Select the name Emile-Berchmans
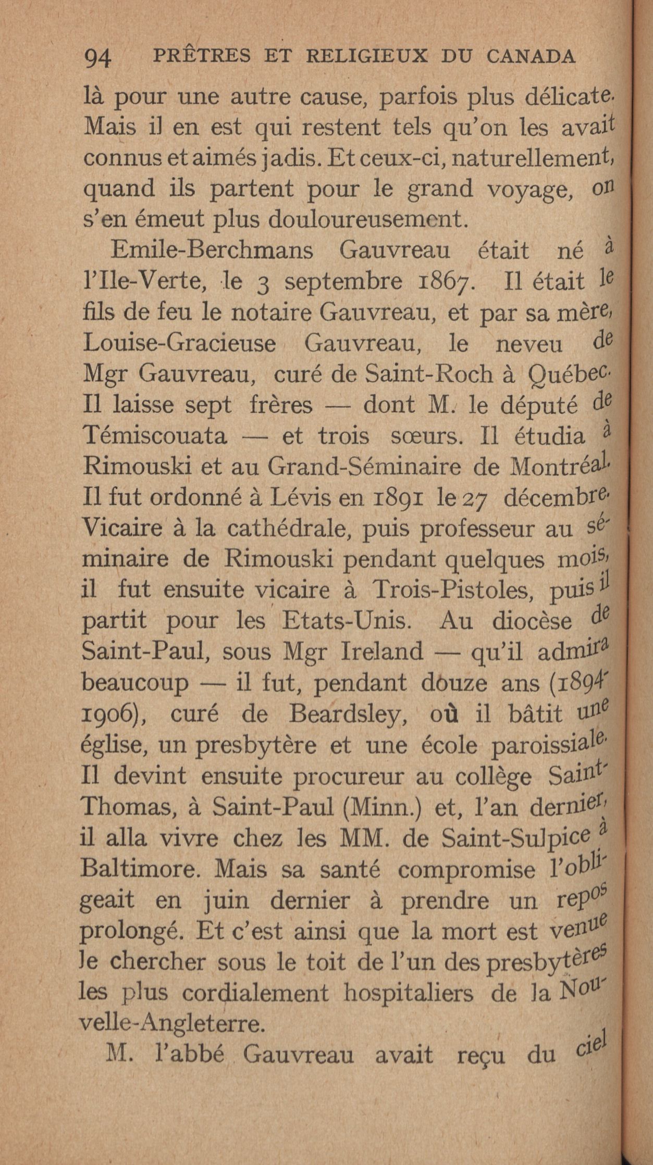coord(212,250)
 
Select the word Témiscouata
coord(155,435)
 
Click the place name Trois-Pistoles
coord(458,590)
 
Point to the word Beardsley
coord(349,714)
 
